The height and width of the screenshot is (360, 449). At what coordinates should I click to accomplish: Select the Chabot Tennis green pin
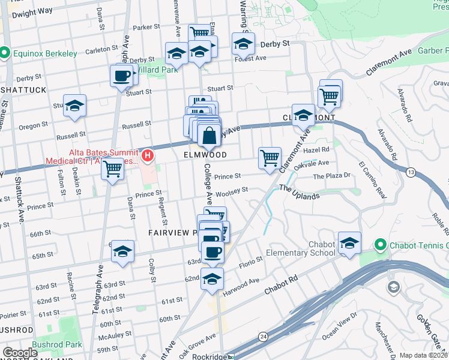point(379,245)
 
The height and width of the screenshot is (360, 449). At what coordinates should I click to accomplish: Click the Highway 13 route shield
point(409,172)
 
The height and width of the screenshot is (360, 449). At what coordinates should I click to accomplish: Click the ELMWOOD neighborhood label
point(205,154)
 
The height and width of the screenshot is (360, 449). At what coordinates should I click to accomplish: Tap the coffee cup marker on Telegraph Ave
point(122,77)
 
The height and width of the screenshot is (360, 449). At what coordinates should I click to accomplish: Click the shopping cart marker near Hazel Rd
point(270,158)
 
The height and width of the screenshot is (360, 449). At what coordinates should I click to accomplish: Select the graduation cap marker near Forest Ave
point(243,45)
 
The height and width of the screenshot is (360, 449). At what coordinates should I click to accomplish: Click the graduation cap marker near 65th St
point(122,251)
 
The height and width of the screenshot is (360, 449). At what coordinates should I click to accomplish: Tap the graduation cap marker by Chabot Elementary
point(349,243)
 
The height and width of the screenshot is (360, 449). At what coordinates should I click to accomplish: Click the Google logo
point(20,353)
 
